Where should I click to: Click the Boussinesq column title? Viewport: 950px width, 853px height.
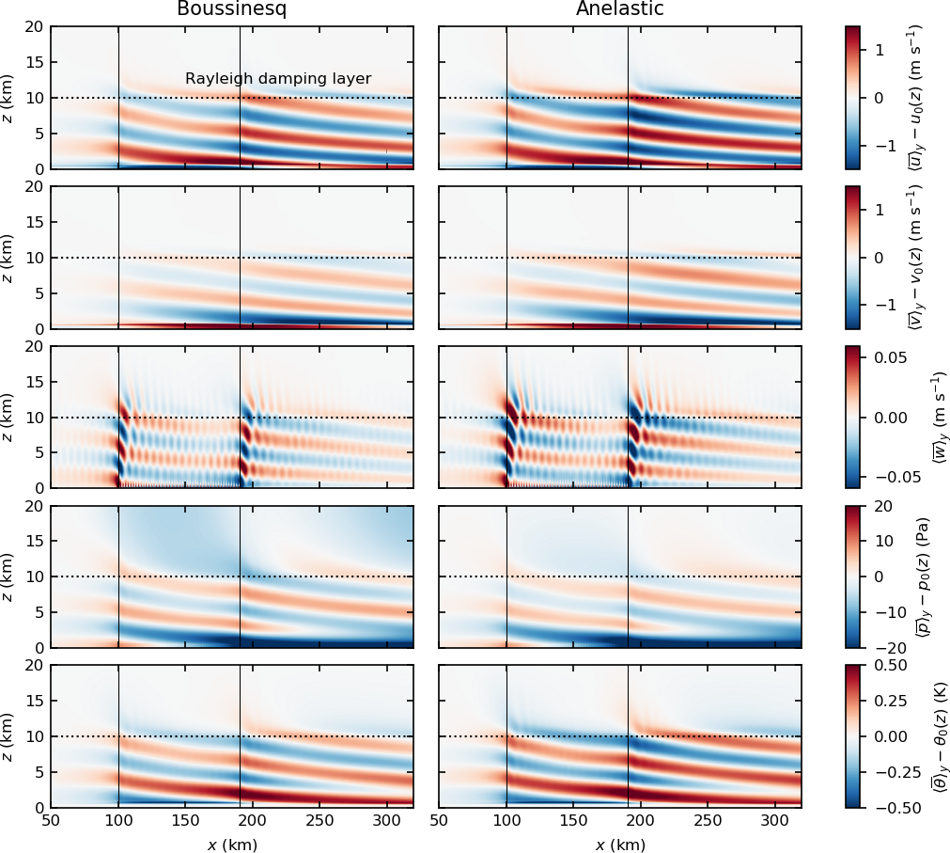coord(231,9)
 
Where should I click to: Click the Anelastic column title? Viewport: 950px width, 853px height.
coord(619,9)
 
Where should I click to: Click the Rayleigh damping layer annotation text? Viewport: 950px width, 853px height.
coord(278,79)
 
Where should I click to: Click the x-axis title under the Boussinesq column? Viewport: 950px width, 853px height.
coord(232,845)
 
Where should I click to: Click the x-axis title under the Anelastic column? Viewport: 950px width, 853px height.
coord(620,845)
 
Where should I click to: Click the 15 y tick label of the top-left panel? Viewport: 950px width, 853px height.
coord(34,62)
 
